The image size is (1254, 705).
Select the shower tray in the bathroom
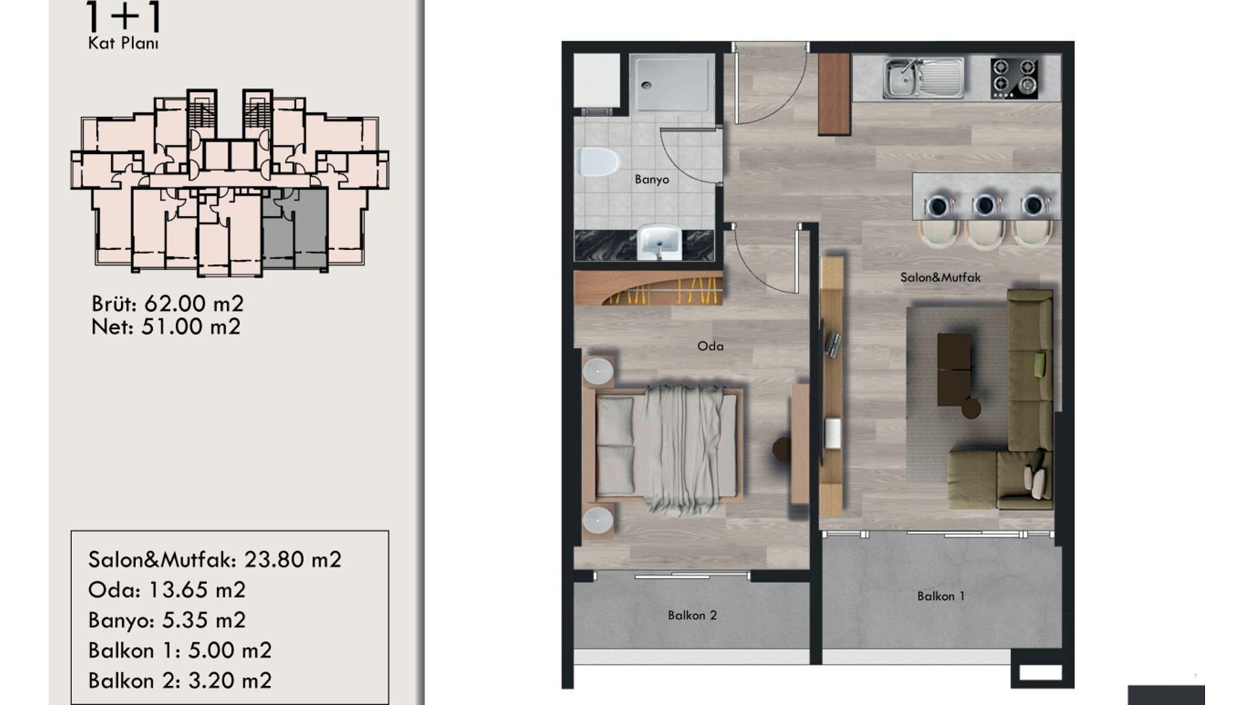pyautogui.click(x=671, y=82)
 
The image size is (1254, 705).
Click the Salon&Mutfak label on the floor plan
pyautogui.click(x=940, y=277)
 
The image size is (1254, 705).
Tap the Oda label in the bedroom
pyautogui.click(x=711, y=346)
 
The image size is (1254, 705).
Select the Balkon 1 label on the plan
pyautogui.click(x=941, y=596)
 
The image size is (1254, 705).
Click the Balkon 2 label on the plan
pyautogui.click(x=692, y=615)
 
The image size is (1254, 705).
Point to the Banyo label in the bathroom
pyautogui.click(x=652, y=180)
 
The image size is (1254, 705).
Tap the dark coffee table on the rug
pyautogui.click(x=954, y=369)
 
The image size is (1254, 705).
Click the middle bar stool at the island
pyautogui.click(x=985, y=222)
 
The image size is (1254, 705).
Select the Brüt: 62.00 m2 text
pyautogui.click(x=168, y=304)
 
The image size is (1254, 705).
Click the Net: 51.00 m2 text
pyautogui.click(x=166, y=326)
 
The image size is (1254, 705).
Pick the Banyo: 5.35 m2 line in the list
pyautogui.click(x=167, y=620)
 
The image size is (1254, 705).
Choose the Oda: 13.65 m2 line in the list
pyautogui.click(x=167, y=590)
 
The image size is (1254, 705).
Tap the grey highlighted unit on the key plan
pyautogui.click(x=295, y=228)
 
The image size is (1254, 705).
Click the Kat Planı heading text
pyautogui.click(x=123, y=44)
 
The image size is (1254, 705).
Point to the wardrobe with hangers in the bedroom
pyautogui.click(x=648, y=289)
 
